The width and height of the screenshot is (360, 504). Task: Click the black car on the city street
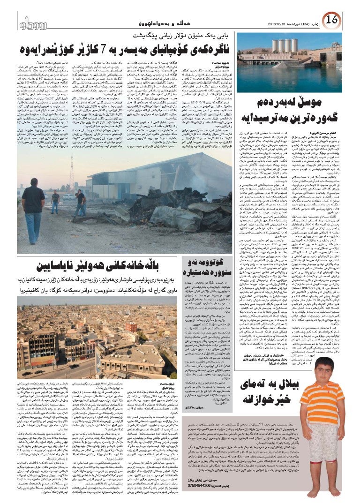[x=29, y=374]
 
